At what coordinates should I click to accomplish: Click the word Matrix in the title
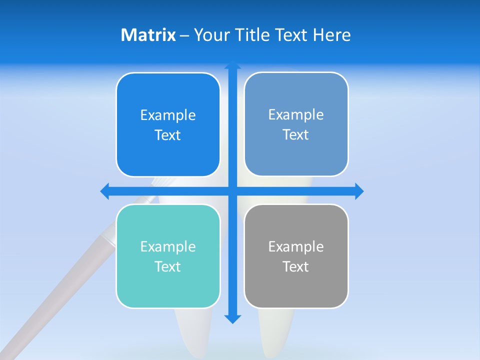pyautogui.click(x=148, y=35)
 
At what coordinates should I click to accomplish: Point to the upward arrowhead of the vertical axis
pyautogui.click(x=232, y=64)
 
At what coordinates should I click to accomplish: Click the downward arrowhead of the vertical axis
pyautogui.click(x=232, y=319)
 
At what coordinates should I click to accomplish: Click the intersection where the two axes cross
pyautogui.click(x=232, y=191)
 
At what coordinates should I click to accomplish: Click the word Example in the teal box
pyautogui.click(x=168, y=246)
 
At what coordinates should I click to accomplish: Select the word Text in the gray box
pyautogui.click(x=296, y=266)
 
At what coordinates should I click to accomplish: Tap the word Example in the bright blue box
pyautogui.click(x=168, y=115)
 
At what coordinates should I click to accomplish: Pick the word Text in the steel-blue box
pyautogui.click(x=296, y=134)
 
